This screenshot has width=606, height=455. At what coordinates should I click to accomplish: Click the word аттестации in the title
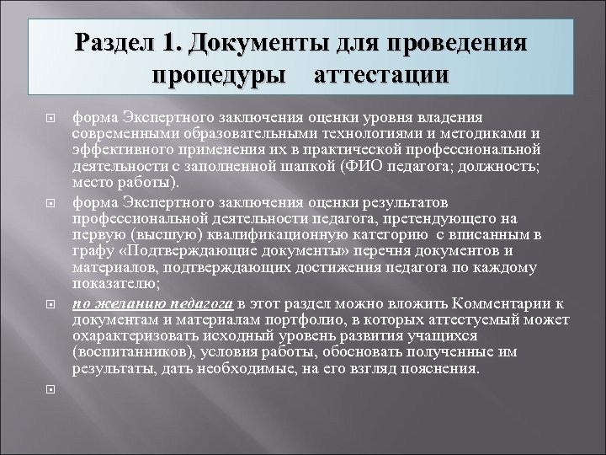[381, 74]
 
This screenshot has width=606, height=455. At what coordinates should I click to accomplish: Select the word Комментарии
[503, 304]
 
